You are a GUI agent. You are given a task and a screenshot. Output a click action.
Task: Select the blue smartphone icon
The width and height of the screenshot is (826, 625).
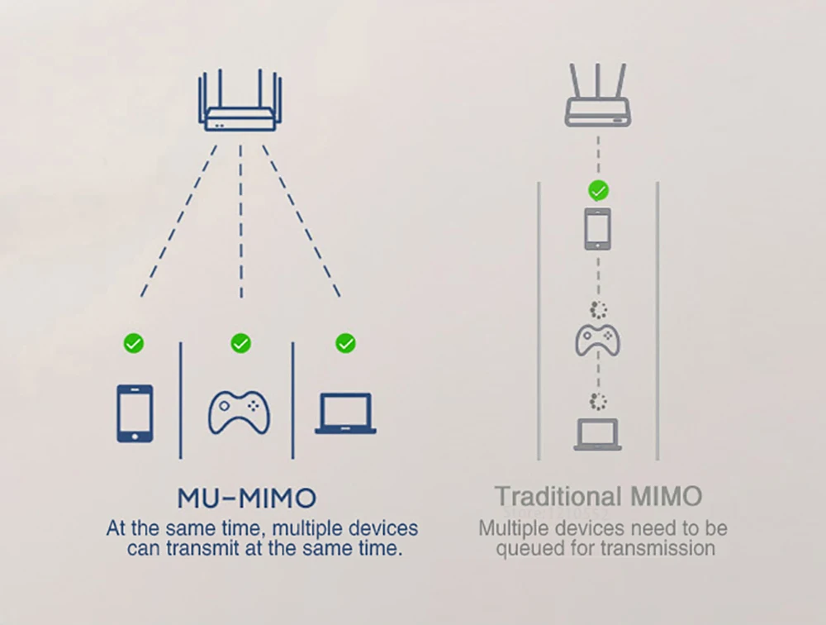(135, 413)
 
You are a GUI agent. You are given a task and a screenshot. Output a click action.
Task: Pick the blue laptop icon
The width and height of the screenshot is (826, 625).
(345, 413)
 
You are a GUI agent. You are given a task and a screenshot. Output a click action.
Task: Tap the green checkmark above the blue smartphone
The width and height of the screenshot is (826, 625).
(133, 342)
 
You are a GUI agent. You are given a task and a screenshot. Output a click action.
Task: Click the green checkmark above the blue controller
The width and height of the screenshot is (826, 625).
(240, 342)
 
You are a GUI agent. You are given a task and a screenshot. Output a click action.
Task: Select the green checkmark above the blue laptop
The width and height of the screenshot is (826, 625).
(346, 342)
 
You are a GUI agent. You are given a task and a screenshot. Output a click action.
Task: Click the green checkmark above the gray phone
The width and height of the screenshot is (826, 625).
(598, 190)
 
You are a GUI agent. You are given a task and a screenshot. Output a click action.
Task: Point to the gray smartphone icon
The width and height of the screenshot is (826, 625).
(597, 229)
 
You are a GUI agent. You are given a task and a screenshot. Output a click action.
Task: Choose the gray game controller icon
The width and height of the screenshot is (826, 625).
(597, 339)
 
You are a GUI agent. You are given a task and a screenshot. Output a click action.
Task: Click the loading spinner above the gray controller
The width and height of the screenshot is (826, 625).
(599, 310)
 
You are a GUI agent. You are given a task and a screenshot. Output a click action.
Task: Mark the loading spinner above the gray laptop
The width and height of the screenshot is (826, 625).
(598, 402)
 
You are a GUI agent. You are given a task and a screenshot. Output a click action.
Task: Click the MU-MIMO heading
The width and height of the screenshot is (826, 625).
(246, 499)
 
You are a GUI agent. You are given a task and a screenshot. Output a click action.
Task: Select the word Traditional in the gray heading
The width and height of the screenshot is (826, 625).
(547, 497)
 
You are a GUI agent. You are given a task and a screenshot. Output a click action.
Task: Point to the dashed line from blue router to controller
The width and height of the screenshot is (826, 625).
(240, 223)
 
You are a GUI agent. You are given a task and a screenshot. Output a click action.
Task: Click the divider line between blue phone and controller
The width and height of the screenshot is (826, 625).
(181, 400)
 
